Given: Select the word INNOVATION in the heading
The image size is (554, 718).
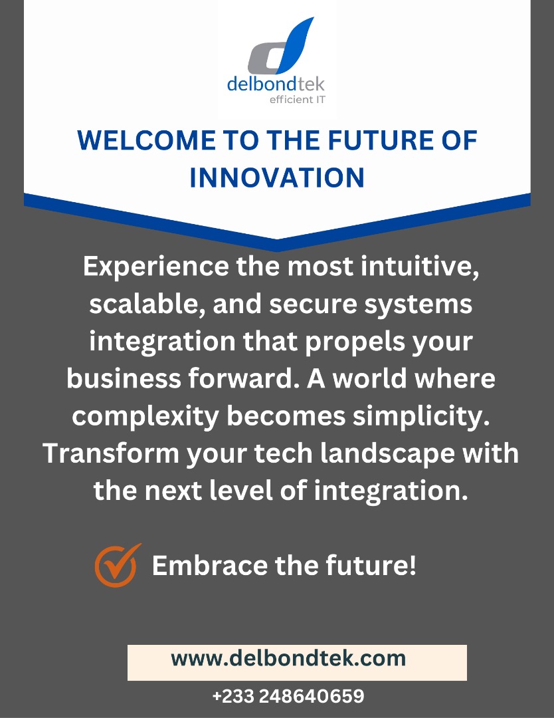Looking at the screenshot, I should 277,178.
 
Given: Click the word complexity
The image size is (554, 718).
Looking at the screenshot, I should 145,417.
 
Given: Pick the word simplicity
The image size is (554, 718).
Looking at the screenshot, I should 416,417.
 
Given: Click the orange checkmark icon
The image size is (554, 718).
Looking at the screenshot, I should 118,565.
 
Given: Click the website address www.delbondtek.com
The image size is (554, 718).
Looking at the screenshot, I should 288,658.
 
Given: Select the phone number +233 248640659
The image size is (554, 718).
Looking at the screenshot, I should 288,696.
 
